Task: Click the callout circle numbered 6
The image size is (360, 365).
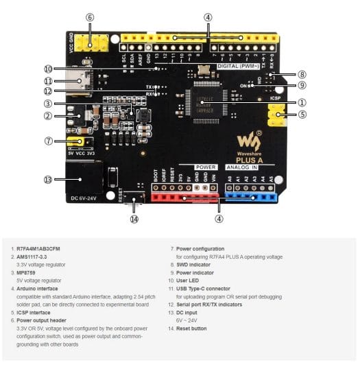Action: click(90, 17)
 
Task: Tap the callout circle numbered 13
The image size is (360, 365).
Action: click(47, 180)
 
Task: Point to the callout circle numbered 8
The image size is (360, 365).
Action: click(302, 73)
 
